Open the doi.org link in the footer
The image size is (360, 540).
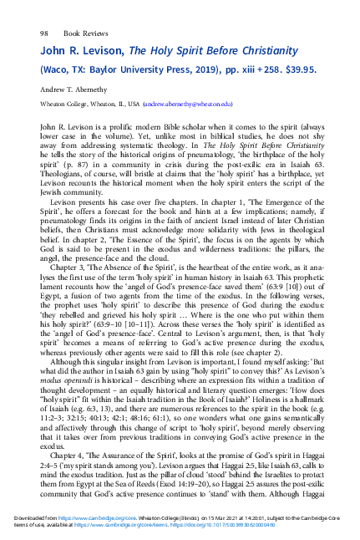258,527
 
